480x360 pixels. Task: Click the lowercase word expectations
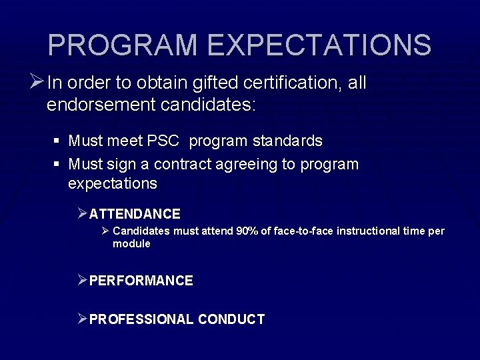[x=113, y=183]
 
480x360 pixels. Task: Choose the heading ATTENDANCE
[x=135, y=214]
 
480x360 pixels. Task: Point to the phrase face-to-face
[x=302, y=231]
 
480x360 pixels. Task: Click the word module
[x=131, y=244]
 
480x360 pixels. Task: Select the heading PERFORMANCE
[x=141, y=281]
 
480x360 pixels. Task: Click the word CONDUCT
[x=231, y=319]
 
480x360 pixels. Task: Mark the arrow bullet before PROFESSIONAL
[x=82, y=319]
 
